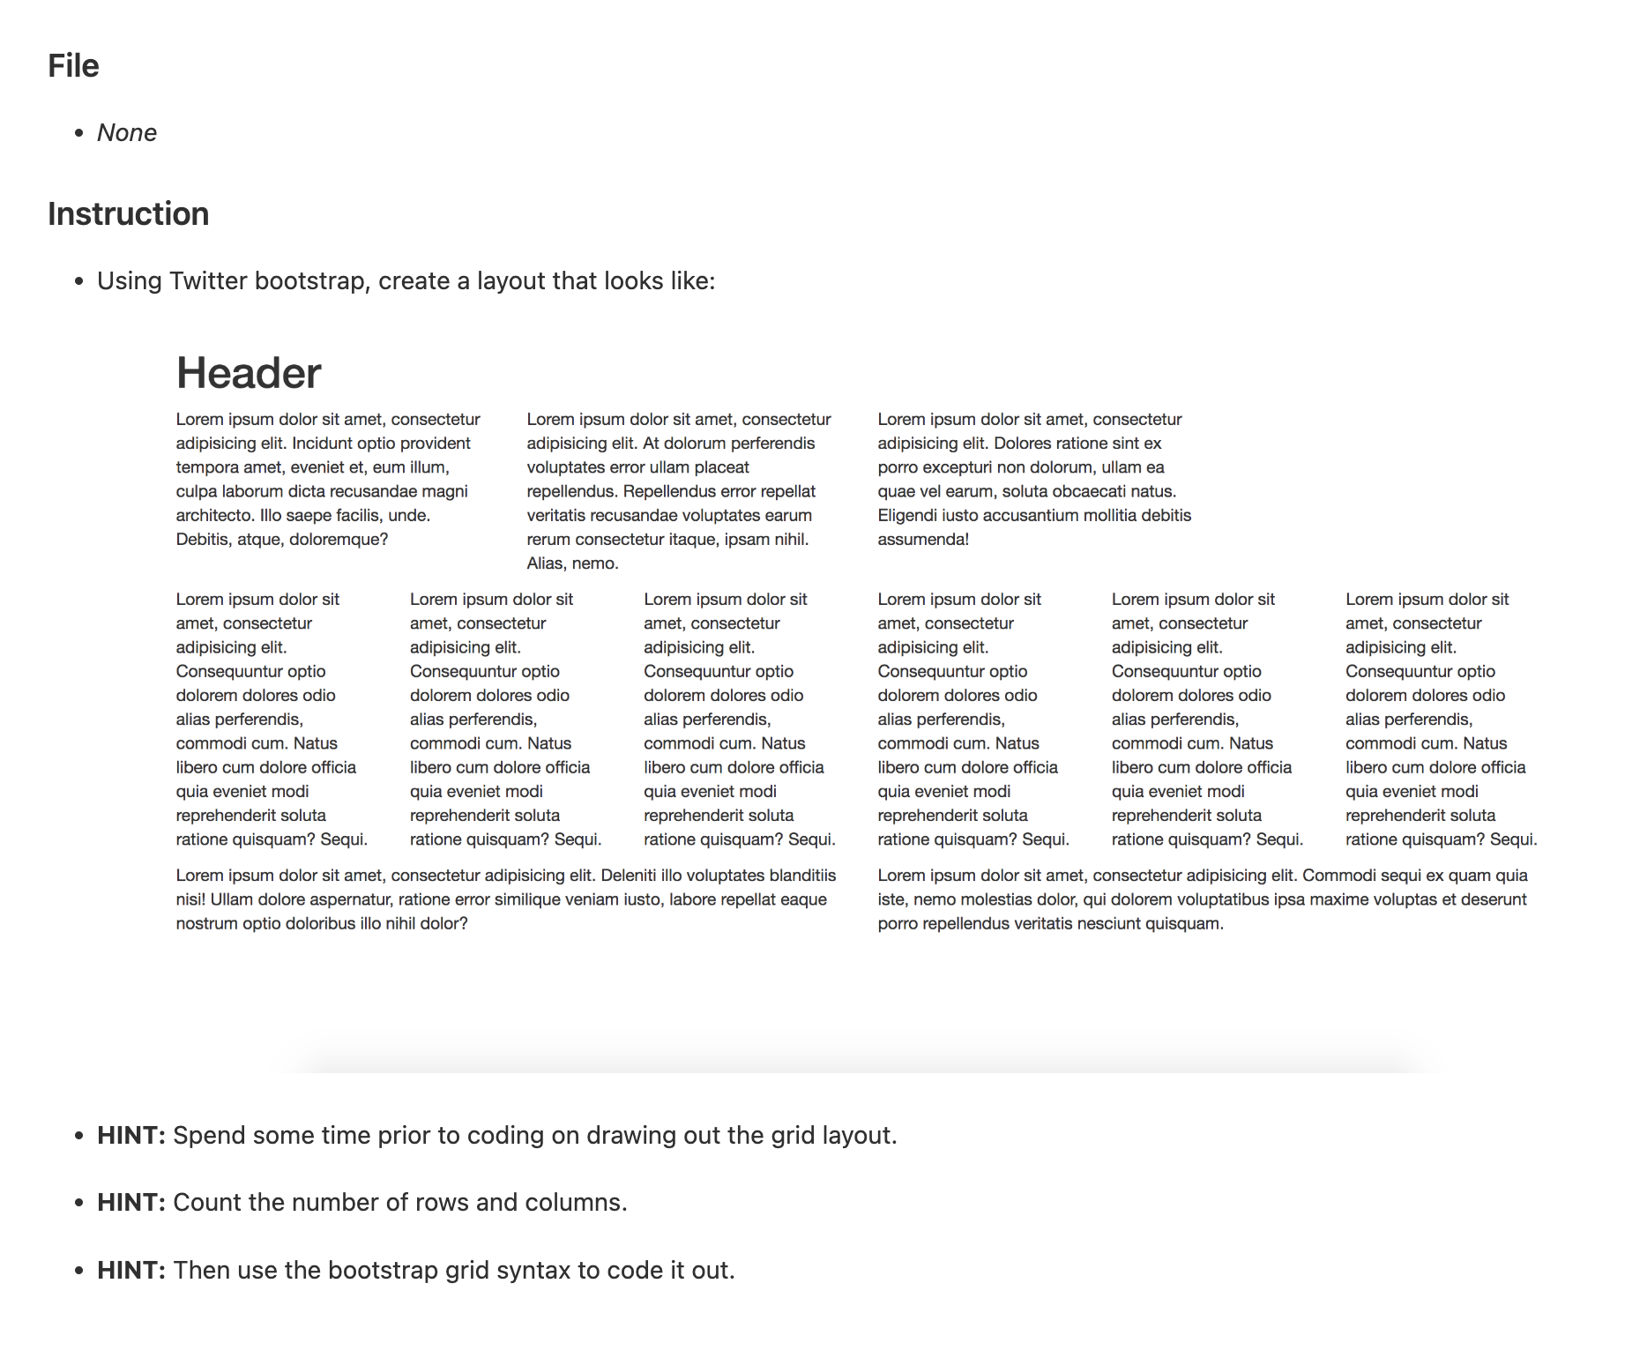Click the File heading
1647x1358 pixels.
73,66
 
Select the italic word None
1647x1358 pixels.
127,133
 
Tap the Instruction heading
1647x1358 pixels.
128,214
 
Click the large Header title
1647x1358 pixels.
249,373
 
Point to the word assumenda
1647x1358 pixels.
921,540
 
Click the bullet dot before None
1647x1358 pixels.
79,133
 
